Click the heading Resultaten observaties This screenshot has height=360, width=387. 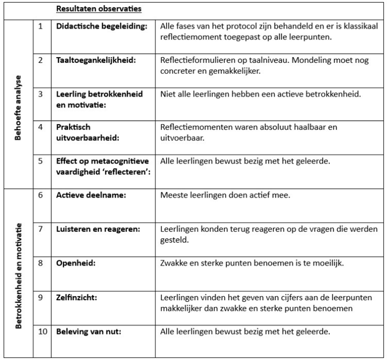click(98, 9)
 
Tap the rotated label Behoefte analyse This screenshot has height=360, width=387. click(18, 105)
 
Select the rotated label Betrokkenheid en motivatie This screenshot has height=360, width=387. click(18, 275)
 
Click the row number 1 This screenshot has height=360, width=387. click(41, 26)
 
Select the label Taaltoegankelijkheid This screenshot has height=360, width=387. click(96, 60)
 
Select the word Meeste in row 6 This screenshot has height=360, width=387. click(174, 195)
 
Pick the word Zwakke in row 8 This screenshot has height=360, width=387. click(174, 263)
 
